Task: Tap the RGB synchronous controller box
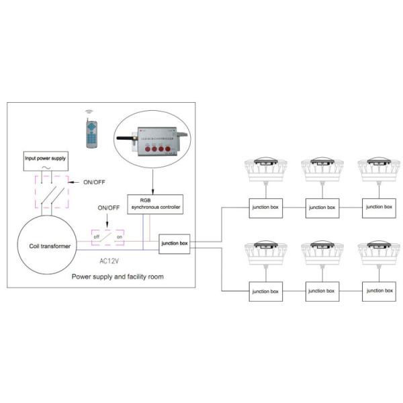coord(155,203)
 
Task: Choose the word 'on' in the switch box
coord(120,237)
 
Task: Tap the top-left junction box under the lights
coord(266,208)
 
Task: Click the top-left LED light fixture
coord(266,171)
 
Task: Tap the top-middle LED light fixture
coord(322,171)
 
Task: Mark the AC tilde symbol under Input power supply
coord(45,171)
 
